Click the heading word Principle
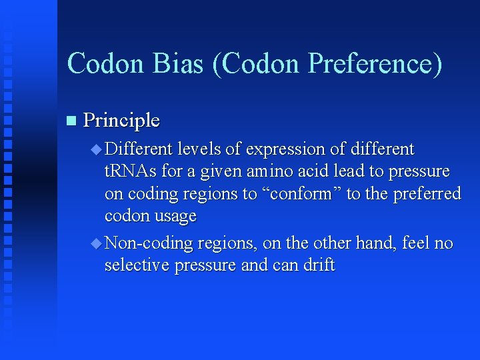click(x=122, y=121)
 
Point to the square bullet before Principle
click(x=72, y=121)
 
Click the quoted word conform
click(x=304, y=193)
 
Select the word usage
click(x=175, y=216)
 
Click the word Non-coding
click(x=147, y=243)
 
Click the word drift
click(x=319, y=265)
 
